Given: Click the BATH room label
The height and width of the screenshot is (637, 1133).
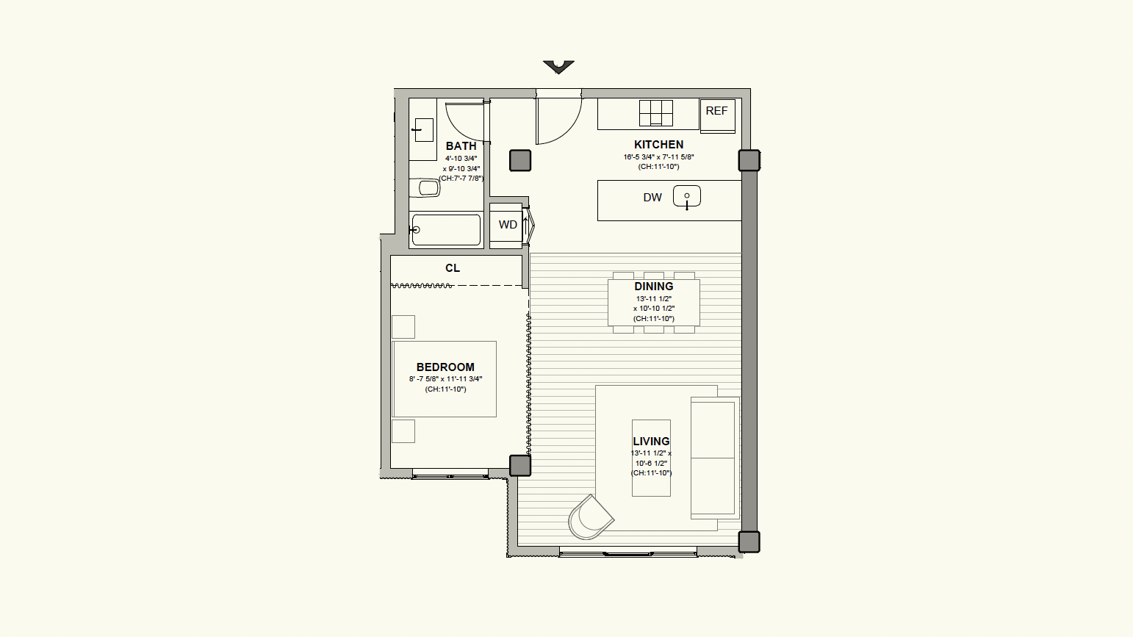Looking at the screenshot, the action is click(x=461, y=146).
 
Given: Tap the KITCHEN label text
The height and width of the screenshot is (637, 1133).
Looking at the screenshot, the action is click(x=658, y=145).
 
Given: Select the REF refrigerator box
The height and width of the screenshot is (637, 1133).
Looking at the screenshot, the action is click(x=717, y=116).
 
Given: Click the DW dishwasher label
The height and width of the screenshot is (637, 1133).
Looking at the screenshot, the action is click(x=652, y=198).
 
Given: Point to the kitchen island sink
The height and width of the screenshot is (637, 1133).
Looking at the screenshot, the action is click(x=687, y=196).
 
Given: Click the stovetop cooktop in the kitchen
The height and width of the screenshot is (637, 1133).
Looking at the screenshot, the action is click(x=656, y=113).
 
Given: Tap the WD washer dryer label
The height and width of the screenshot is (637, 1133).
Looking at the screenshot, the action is click(x=508, y=225).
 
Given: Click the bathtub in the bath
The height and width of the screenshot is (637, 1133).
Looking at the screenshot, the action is click(x=446, y=230).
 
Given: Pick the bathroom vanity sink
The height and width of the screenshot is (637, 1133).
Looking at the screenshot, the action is click(x=424, y=130).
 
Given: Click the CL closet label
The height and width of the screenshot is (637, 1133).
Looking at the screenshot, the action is click(x=453, y=268).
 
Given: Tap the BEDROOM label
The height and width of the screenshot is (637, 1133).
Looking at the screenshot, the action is click(x=445, y=367).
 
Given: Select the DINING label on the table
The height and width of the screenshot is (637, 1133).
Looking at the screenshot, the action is click(x=654, y=287).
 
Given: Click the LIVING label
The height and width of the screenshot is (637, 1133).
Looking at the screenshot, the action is click(x=652, y=442).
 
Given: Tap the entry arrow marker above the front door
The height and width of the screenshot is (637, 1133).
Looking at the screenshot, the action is click(x=559, y=67).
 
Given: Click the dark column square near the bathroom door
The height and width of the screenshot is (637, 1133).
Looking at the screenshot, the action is click(x=520, y=160).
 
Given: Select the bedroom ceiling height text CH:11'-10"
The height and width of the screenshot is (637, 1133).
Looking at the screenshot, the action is click(x=445, y=389).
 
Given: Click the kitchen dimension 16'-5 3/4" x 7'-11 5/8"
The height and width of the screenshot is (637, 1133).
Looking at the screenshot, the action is click(x=658, y=157).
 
